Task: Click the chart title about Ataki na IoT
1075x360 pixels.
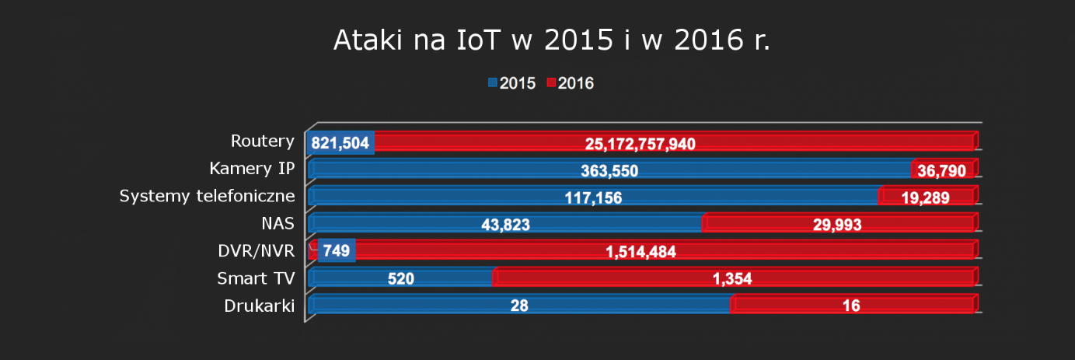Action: click(551, 41)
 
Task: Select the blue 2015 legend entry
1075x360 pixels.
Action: click(511, 83)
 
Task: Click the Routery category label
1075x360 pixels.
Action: click(263, 142)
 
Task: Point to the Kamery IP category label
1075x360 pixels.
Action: click(252, 169)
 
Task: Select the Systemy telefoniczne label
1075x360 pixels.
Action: click(207, 196)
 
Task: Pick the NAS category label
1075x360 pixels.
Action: click(278, 223)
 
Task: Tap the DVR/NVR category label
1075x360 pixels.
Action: click(257, 250)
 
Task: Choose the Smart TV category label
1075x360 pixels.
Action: click(256, 278)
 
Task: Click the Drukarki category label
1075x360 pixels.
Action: click(259, 306)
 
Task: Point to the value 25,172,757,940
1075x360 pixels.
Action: click(640, 144)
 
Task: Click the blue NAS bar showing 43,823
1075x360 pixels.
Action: click(505, 225)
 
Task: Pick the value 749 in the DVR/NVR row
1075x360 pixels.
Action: click(337, 251)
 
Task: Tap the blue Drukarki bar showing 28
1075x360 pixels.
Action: click(519, 306)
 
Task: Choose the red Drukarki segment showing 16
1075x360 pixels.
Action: click(851, 306)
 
